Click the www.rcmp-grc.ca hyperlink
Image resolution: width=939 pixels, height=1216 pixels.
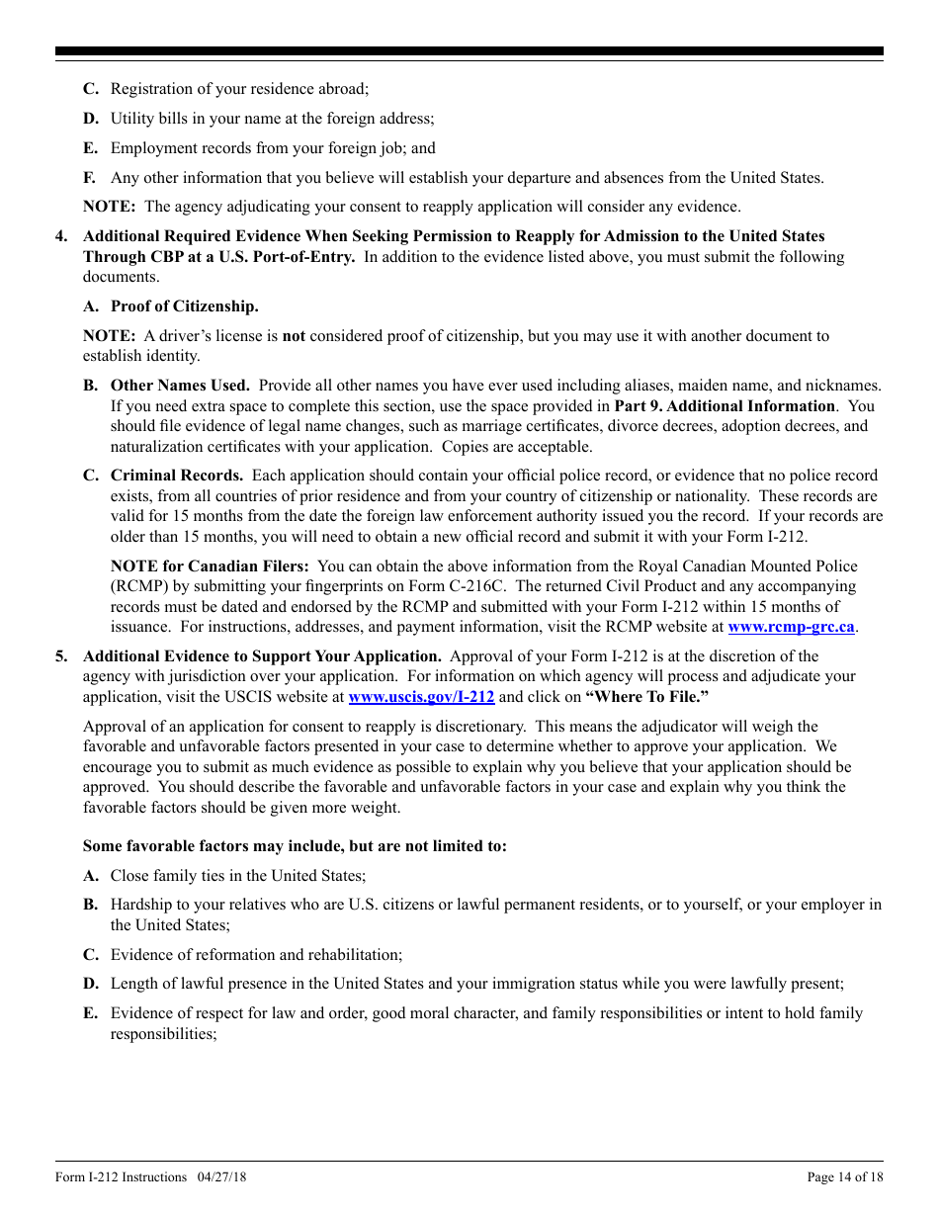pos(791,627)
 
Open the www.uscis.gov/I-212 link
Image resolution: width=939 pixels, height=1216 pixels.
pos(421,697)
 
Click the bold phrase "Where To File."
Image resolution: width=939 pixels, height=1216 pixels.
pos(646,697)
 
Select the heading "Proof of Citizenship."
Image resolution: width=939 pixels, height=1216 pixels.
pos(184,306)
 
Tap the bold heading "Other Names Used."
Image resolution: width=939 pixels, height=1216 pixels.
pos(180,386)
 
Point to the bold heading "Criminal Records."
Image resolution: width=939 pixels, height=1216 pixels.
pos(177,476)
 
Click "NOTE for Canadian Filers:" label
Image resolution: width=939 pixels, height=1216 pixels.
pos(210,566)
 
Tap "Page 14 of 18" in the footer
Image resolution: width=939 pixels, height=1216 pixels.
pos(845,1177)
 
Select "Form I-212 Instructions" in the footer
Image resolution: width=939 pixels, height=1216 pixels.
pos(121,1177)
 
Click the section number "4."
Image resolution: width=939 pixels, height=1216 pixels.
pos(62,236)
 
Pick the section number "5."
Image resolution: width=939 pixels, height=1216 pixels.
pos(62,656)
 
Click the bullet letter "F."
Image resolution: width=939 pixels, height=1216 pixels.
pos(90,178)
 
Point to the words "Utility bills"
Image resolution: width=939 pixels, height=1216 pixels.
pos(146,119)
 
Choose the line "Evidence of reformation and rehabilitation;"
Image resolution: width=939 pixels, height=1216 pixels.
pos(256,955)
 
